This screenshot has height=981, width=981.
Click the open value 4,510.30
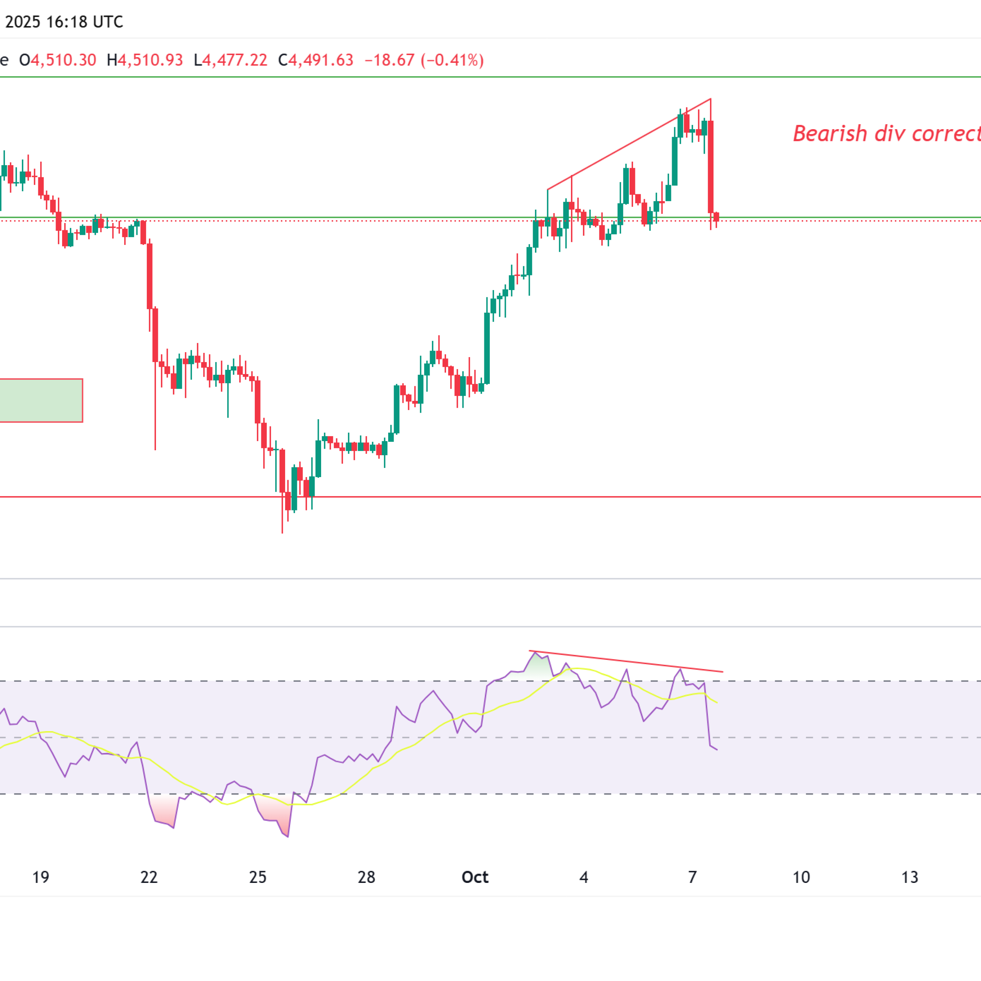(x=64, y=61)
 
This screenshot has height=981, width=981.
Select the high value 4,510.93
(x=150, y=61)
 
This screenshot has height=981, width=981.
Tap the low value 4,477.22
(x=235, y=61)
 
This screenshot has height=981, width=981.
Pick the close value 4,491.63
(x=321, y=61)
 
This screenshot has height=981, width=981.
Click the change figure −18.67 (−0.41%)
(x=424, y=61)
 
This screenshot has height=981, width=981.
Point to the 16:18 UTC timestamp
(x=84, y=22)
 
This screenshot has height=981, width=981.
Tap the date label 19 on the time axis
(x=41, y=877)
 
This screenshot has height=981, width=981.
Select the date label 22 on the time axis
(x=149, y=877)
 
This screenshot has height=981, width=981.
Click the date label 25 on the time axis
(x=258, y=877)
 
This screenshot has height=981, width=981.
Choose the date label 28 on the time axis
(x=366, y=877)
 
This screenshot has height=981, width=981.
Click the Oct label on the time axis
(x=475, y=877)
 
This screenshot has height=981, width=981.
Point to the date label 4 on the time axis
(x=584, y=877)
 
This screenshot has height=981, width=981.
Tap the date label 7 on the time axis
(x=692, y=877)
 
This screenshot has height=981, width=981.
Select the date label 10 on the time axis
(x=801, y=877)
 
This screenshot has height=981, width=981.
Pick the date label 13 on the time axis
(x=909, y=877)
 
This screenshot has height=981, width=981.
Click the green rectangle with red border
(x=41, y=400)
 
